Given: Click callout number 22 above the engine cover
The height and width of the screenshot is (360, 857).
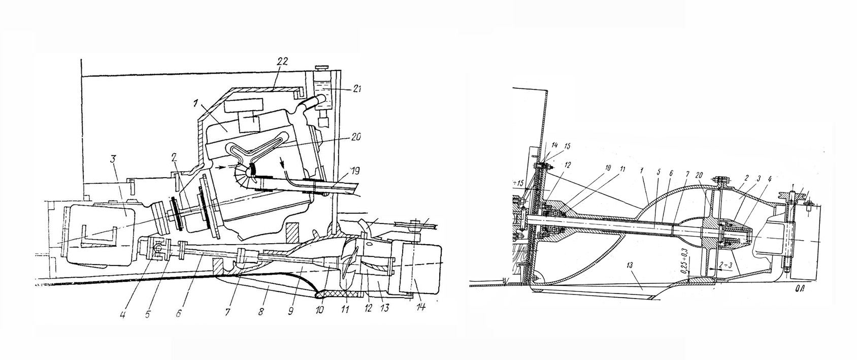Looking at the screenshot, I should point(282,61).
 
